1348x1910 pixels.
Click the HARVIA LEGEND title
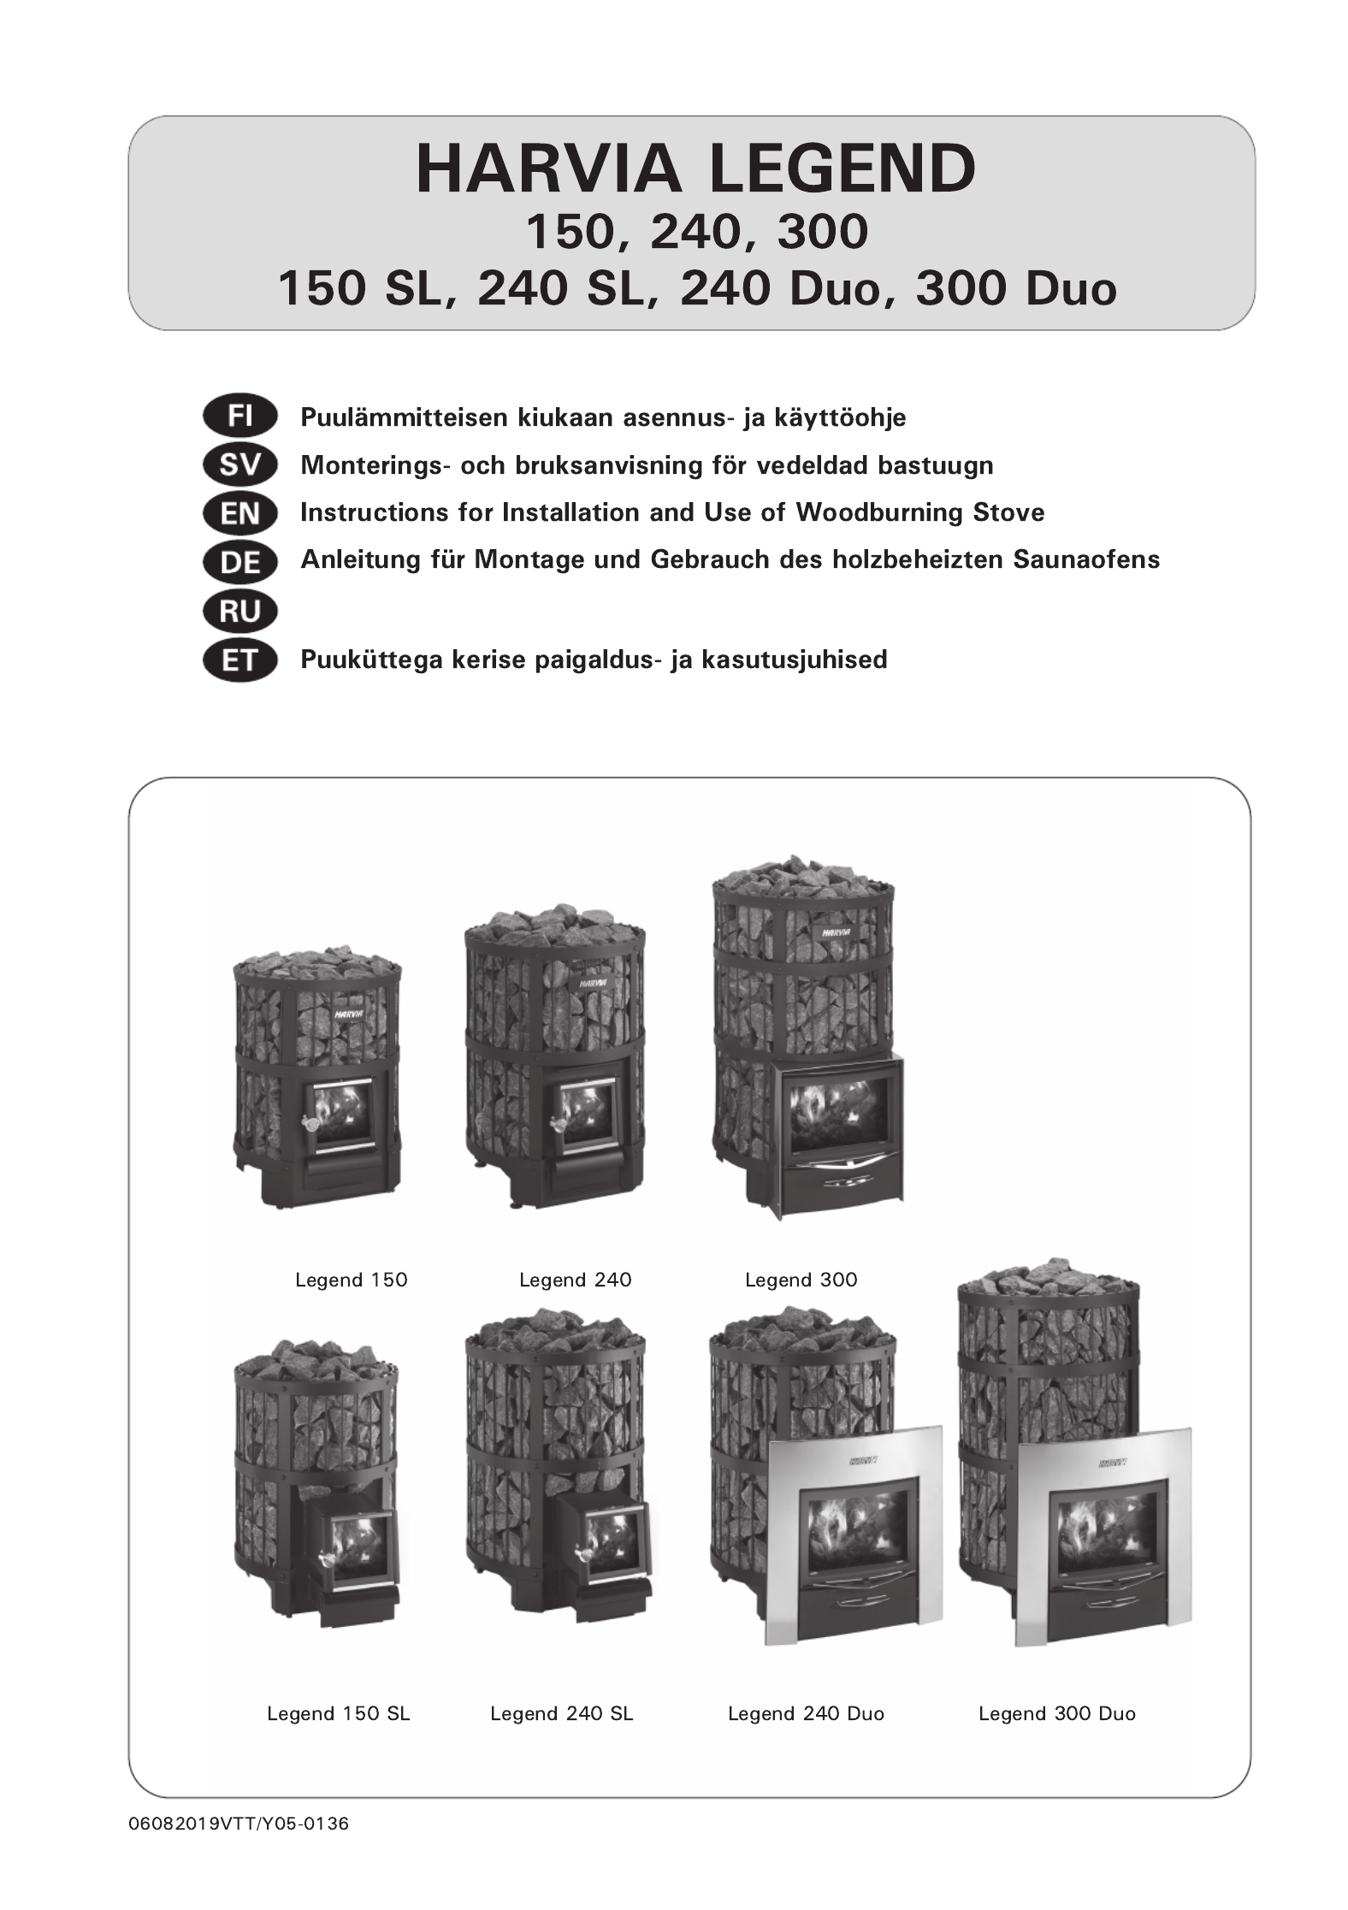pos(695,169)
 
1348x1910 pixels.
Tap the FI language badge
pos(240,417)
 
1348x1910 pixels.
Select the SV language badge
pos(240,465)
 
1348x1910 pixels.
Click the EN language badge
pos(240,513)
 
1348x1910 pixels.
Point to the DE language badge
pos(240,562)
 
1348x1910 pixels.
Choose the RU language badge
pos(240,611)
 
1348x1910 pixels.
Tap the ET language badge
pos(240,660)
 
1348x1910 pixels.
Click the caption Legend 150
pos(352,1280)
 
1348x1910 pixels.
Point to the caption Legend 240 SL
pos(562,1713)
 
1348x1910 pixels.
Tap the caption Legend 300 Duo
pos(1057,1713)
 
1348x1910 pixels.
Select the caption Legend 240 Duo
pos(806,1713)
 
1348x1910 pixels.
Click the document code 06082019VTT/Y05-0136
pos(239,1823)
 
